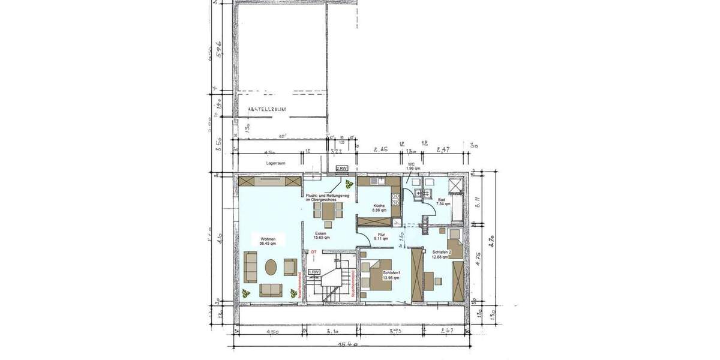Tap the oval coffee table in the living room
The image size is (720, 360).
click(x=271, y=266)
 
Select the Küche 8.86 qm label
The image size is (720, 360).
click(x=379, y=208)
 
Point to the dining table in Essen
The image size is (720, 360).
click(x=328, y=211)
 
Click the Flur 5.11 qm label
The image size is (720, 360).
click(x=381, y=236)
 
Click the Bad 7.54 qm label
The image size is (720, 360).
click(x=443, y=201)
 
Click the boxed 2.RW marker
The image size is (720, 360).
click(x=341, y=169)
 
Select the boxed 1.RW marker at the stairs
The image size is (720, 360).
click(x=314, y=272)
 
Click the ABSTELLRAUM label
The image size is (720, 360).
click(x=266, y=109)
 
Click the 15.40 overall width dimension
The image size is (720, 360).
click(x=348, y=345)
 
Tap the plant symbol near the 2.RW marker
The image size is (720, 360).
click(x=349, y=185)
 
